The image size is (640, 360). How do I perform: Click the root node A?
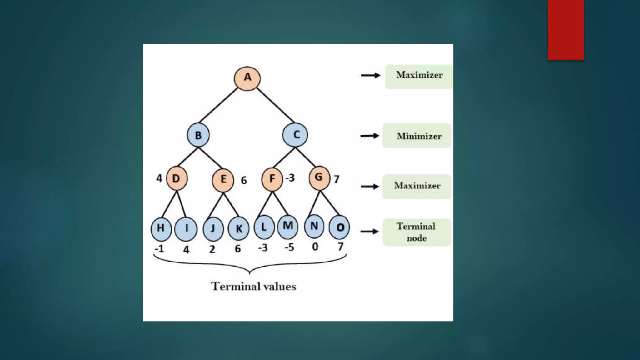click(247, 78)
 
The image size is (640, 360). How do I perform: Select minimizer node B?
click(198, 135)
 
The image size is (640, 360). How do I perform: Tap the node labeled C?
click(295, 135)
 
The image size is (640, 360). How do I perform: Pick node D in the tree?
click(177, 178)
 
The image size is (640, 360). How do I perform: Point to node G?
click(319, 178)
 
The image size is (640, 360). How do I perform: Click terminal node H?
click(161, 228)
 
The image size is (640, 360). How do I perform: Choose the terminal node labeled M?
click(288, 226)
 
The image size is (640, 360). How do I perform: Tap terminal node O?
click(339, 227)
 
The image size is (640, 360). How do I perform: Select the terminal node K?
click(238, 229)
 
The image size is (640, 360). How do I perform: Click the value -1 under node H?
click(159, 249)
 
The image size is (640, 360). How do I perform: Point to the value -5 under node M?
click(289, 247)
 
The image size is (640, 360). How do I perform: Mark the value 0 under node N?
click(315, 247)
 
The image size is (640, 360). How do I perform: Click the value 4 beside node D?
click(159, 178)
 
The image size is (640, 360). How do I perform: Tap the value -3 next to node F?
click(290, 178)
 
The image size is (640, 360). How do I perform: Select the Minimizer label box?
click(417, 136)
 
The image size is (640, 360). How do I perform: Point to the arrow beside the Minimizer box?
click(370, 136)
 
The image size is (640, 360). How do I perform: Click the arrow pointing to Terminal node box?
click(370, 232)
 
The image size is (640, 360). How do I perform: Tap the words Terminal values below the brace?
click(253, 287)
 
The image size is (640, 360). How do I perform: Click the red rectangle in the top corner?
click(566, 30)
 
